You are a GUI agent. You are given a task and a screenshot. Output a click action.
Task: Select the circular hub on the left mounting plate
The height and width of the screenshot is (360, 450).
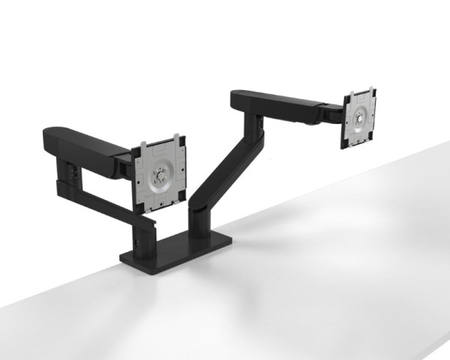(x=158, y=178)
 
